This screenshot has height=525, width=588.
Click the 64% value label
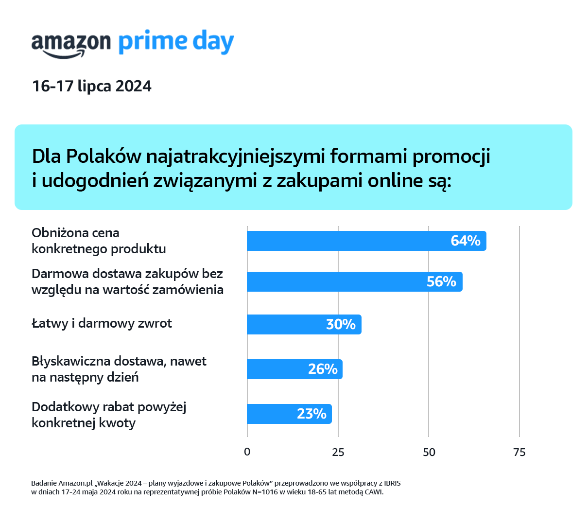tap(465, 241)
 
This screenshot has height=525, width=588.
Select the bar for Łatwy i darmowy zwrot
tap(304, 324)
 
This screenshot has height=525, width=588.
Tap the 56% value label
tap(441, 281)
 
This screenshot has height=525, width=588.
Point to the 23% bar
tap(289, 414)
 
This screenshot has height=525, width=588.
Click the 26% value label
tap(323, 369)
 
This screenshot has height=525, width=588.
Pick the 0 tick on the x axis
tap(247, 452)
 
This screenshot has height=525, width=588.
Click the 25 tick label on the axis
tap(338, 452)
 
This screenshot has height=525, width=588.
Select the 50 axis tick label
tap(429, 452)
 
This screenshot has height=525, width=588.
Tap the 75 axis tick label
tap(519, 452)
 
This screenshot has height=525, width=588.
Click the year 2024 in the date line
tap(133, 86)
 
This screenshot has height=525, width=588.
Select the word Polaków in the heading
tap(104, 156)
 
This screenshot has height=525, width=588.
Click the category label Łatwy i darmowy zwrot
tap(102, 323)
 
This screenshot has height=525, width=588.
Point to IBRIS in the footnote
tap(392, 483)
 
